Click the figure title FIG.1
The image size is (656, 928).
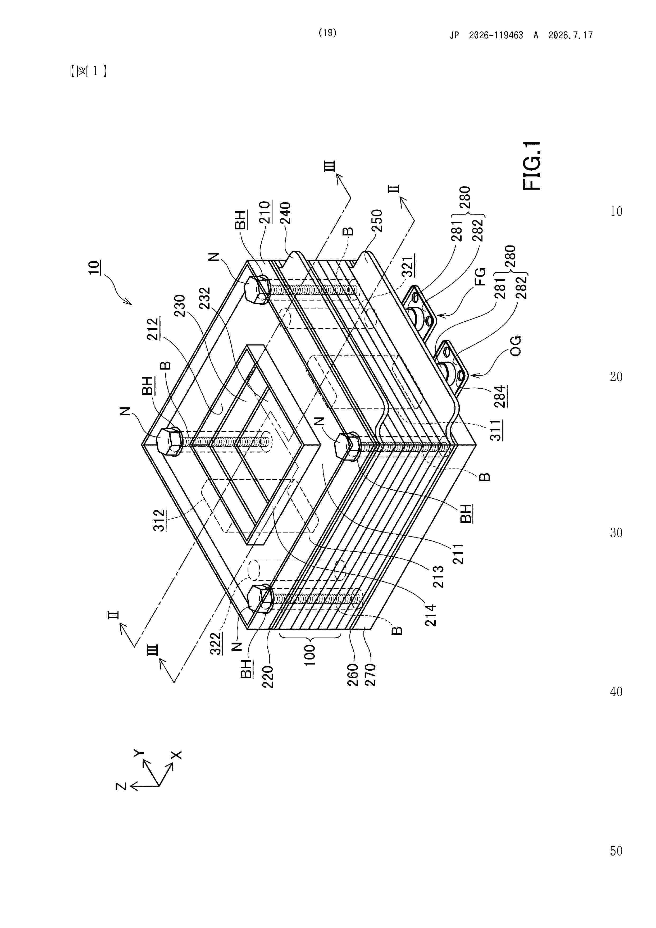tap(532, 166)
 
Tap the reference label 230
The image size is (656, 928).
tap(179, 306)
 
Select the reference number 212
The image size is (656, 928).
tap(153, 329)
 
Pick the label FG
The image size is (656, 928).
tap(480, 277)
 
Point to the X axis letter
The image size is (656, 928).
tap(176, 755)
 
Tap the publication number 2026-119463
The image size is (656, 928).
tap(496, 35)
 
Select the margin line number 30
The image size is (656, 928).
tap(616, 533)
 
